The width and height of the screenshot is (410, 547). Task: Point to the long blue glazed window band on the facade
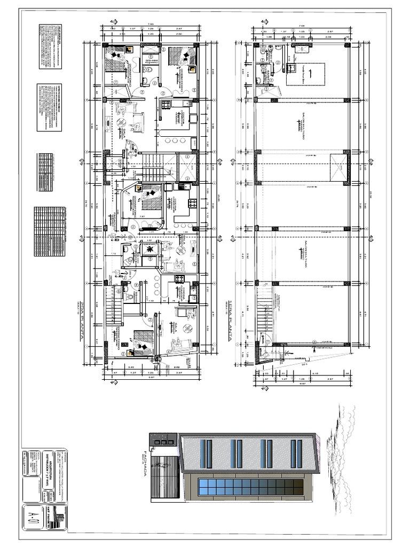click(251, 487)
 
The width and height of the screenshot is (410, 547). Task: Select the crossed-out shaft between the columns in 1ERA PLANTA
click(336, 167)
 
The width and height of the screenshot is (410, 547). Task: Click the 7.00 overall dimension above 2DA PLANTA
click(151, 24)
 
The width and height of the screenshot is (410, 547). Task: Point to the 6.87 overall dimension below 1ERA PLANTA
click(302, 382)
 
